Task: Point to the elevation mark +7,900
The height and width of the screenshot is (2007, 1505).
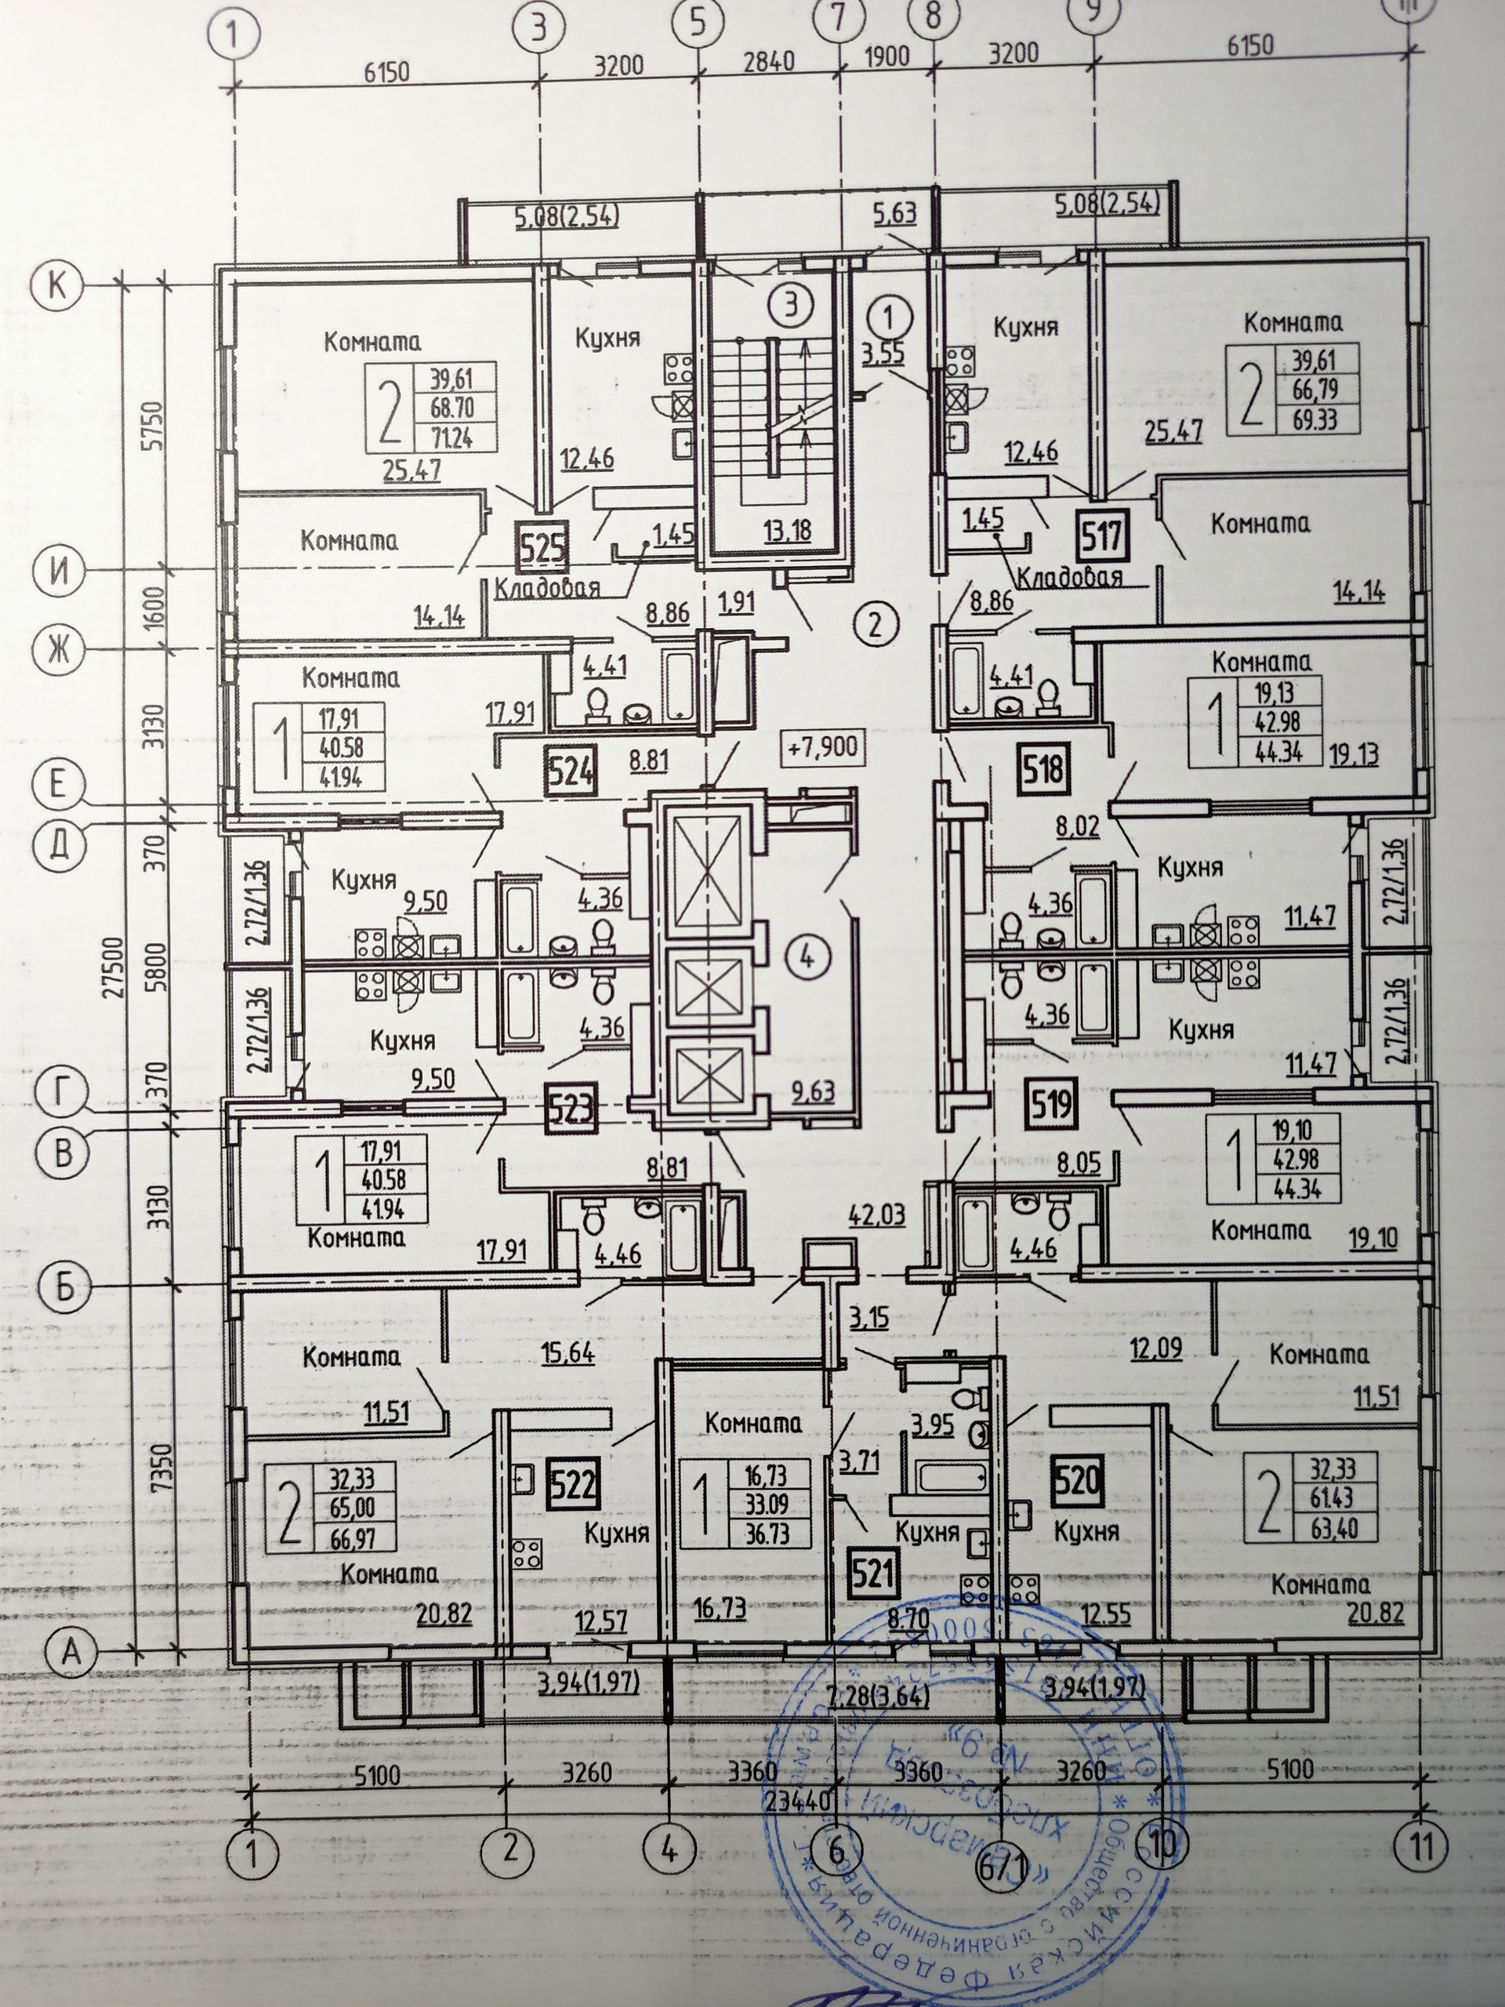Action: click(x=822, y=749)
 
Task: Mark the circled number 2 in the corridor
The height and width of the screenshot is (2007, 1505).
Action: click(x=876, y=624)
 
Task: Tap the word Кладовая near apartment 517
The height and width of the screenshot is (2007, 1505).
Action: click(x=1071, y=578)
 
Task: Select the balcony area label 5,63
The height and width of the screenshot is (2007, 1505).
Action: click(x=894, y=214)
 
